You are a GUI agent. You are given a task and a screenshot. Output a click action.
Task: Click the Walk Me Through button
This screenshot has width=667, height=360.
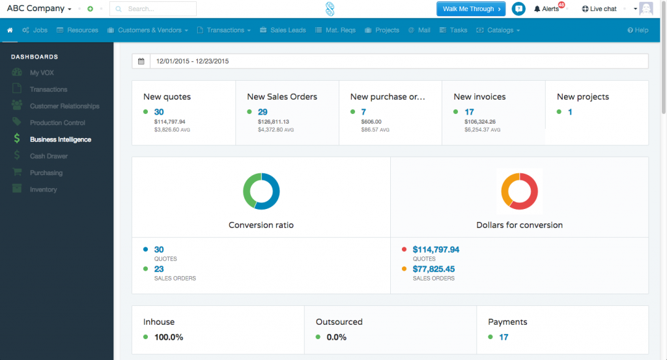[x=471, y=8]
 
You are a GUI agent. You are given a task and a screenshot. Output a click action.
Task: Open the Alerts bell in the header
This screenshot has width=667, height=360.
[x=546, y=9]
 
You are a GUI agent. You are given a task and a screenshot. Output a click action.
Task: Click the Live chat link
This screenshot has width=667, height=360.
[x=599, y=9]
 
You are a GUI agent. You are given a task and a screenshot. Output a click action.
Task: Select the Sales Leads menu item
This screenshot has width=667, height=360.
[x=283, y=30]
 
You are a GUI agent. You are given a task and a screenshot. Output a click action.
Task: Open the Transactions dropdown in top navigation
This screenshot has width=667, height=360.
[x=224, y=30]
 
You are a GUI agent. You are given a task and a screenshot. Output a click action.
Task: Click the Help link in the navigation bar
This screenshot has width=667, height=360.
[x=638, y=30]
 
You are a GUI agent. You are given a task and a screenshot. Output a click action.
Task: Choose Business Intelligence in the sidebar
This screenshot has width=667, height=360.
[x=60, y=139]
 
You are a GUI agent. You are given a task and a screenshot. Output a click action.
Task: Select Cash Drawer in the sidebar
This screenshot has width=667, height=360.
[x=48, y=156]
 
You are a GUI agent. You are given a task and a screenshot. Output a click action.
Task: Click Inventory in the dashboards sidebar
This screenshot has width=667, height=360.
[x=43, y=189]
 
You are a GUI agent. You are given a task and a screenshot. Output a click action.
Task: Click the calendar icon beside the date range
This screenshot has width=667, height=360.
[x=141, y=61]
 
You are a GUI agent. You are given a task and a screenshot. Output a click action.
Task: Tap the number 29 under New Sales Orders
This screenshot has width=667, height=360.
[x=263, y=112]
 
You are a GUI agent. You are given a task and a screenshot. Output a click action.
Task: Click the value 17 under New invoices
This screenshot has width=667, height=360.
[x=469, y=112]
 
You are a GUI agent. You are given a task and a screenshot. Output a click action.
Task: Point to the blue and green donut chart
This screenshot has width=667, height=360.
[x=261, y=191]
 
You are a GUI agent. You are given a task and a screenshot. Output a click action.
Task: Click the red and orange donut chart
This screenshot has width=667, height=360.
[x=519, y=191]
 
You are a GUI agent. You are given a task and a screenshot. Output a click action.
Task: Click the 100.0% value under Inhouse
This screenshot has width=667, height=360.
[x=168, y=337]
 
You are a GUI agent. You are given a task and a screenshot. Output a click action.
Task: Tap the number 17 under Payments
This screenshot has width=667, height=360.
[x=504, y=337]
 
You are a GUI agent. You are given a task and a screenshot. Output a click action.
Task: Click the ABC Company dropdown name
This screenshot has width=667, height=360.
[x=38, y=9]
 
